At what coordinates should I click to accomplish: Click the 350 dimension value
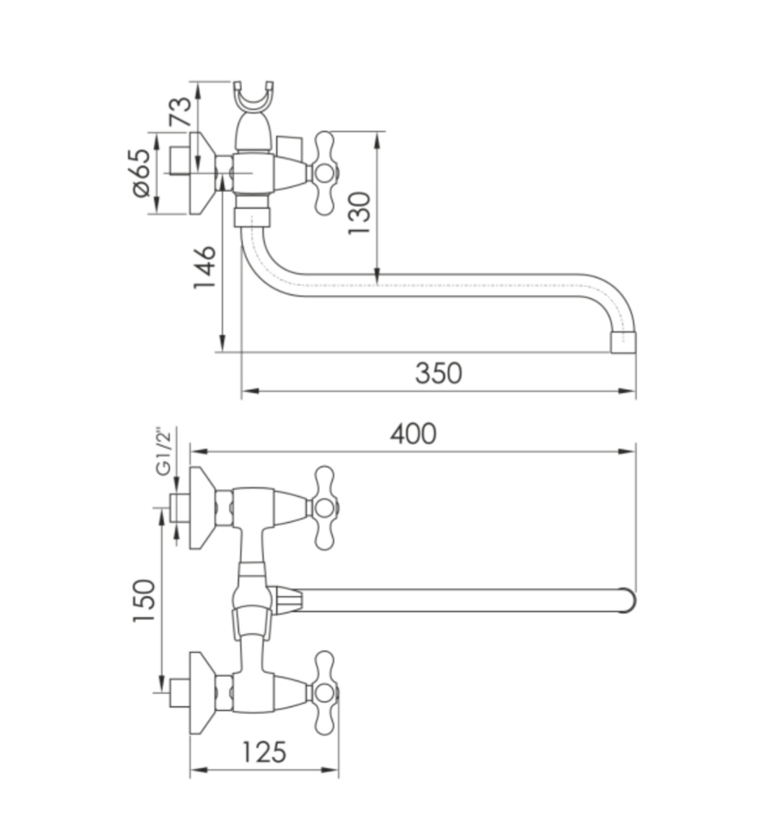coord(438,373)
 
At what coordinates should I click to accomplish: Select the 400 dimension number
coord(413,433)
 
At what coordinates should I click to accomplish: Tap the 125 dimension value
coord(264,751)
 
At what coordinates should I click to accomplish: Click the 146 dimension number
coord(204,267)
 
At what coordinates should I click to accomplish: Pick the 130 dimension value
coord(359,212)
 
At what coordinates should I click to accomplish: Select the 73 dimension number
coord(181,112)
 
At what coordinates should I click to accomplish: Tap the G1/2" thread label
coord(165,452)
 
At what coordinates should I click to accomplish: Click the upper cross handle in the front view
coord(326,507)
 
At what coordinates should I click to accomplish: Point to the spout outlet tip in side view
coord(623,343)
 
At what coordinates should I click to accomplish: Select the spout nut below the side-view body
coord(253,217)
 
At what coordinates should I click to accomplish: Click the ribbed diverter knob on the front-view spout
coord(287,600)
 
